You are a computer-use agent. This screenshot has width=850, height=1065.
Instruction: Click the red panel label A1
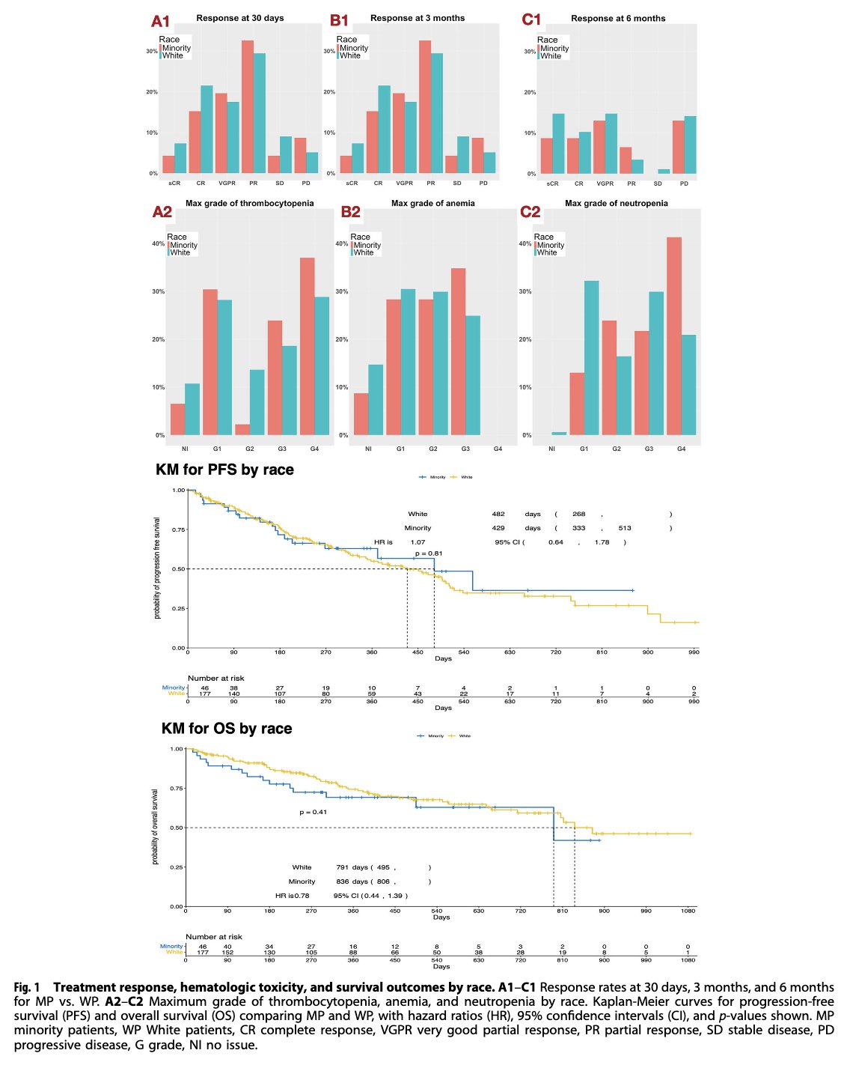[x=161, y=21]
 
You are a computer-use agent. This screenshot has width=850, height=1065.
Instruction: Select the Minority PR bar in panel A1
[x=248, y=106]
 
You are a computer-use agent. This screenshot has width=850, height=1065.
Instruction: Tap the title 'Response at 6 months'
[x=617, y=18]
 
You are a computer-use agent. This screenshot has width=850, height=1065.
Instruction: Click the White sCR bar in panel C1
[x=558, y=143]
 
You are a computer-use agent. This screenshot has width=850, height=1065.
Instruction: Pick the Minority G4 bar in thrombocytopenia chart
[x=308, y=346]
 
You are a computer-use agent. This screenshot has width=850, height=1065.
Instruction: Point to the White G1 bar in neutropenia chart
[x=591, y=357]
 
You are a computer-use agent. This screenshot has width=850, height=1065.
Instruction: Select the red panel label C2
[x=530, y=212]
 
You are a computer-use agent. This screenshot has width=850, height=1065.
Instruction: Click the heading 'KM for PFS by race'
[x=224, y=470]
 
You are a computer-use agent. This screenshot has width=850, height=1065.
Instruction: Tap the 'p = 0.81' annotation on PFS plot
[x=429, y=553]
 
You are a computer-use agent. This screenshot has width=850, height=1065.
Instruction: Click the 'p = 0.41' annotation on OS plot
[x=313, y=812]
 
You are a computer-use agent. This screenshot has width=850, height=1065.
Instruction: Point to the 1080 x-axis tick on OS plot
[x=688, y=911]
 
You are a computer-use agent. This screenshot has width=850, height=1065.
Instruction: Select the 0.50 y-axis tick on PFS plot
[x=179, y=569]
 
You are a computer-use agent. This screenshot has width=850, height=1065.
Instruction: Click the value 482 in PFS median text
[x=498, y=515]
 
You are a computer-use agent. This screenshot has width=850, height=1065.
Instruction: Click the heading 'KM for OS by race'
[x=227, y=729]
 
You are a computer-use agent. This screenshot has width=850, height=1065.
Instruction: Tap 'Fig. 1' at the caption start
[x=27, y=987]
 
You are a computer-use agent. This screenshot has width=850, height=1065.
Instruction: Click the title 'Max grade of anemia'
[x=432, y=203]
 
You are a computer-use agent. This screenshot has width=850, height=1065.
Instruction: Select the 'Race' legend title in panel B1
[x=346, y=39]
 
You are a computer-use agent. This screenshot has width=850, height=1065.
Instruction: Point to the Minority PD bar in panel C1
[x=678, y=147]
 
